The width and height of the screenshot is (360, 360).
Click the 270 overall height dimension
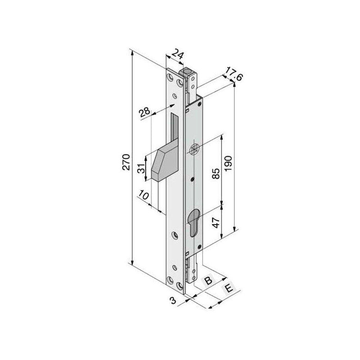coord(126,162)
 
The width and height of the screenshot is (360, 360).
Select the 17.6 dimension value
coord(233,74)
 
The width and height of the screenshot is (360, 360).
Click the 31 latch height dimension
coord(142,168)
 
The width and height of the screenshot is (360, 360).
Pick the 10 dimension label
coord(143,195)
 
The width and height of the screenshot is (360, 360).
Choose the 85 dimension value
coord(216,173)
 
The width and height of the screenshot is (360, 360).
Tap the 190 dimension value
coord(228,163)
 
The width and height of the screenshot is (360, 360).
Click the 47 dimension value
coord(216,222)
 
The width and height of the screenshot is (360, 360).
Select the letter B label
coord(208,280)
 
